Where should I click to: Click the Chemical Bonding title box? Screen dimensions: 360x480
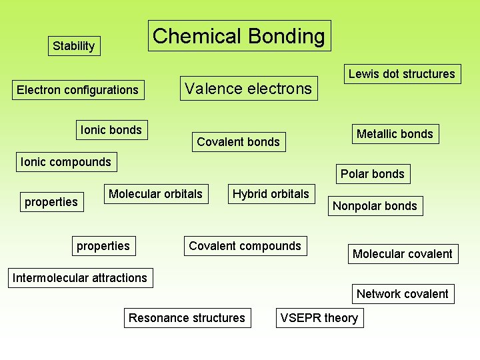click(239, 36)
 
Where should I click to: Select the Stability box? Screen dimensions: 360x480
click(73, 46)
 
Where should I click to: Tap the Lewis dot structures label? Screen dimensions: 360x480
click(401, 74)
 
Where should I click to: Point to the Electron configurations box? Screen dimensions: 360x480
click(77, 90)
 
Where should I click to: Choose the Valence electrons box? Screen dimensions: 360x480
click(248, 88)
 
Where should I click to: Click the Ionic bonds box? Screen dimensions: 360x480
click(111, 130)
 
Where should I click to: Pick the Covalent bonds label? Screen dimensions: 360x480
click(238, 141)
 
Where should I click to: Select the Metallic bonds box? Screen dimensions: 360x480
click(395, 134)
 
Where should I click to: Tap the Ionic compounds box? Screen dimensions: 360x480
click(66, 162)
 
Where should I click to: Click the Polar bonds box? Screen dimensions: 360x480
click(372, 174)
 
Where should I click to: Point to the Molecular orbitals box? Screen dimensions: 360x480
click(155, 194)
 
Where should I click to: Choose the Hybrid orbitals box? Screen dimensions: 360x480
click(271, 194)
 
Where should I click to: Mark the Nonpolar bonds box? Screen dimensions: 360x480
click(375, 206)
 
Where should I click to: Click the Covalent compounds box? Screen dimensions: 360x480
click(245, 246)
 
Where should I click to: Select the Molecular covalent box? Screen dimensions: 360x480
click(402, 254)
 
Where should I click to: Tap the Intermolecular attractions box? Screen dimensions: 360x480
click(79, 278)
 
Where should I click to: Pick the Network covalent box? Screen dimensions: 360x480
click(402, 294)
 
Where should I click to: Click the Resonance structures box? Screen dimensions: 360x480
click(187, 318)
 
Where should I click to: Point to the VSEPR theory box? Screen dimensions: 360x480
click(319, 318)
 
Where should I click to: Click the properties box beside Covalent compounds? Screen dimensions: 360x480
click(103, 246)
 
